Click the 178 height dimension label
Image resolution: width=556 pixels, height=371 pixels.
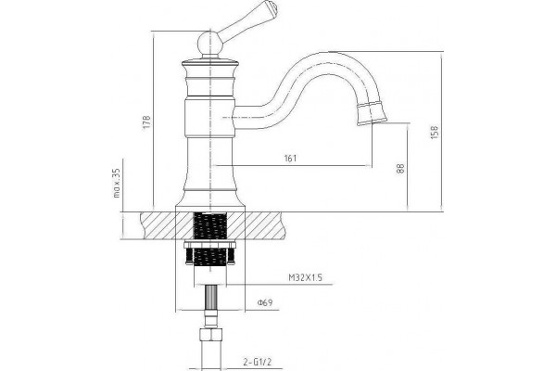(147, 122)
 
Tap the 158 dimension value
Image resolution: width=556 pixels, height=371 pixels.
(435, 132)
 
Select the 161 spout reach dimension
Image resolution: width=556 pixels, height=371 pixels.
(290, 159)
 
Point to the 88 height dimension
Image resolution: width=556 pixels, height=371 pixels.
(400, 168)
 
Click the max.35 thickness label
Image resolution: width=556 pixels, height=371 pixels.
(117, 183)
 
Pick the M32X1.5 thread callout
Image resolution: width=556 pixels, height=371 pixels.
(305, 277)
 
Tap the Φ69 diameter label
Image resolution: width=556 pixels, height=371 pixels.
(265, 303)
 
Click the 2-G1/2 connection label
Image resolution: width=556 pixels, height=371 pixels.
(258, 363)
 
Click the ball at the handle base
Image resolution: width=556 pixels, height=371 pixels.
(209, 43)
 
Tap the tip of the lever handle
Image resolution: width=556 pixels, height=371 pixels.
(272, 6)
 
